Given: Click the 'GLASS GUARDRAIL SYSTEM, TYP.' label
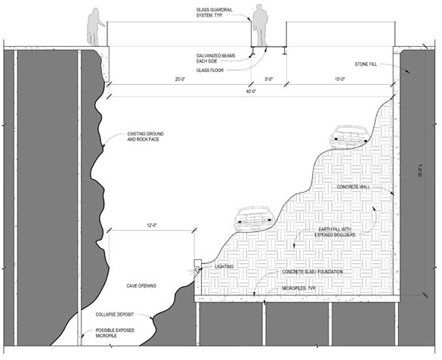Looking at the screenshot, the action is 215,13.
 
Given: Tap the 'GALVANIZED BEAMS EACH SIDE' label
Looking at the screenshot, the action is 215,58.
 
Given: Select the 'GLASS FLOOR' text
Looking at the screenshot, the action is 210,70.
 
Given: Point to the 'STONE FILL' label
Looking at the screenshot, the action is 366,64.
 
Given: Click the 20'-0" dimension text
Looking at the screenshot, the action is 180,79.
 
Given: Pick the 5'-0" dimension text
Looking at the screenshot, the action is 269,79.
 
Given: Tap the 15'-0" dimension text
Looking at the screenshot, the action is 340,79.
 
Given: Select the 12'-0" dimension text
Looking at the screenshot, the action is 152,225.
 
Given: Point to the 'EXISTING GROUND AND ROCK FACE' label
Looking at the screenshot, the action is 146,137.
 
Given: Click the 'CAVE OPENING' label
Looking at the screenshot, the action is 141,286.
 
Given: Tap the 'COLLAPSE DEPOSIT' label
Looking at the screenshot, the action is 114,315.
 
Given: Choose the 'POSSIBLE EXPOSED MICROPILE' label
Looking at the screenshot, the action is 115,333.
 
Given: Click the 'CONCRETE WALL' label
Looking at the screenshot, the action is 354,187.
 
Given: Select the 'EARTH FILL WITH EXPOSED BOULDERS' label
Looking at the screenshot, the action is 335,232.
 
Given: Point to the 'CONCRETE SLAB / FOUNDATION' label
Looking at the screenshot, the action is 313,272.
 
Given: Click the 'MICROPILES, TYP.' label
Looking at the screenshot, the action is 298,288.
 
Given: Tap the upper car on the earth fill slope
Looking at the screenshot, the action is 350,137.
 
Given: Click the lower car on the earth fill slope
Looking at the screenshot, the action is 255,219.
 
